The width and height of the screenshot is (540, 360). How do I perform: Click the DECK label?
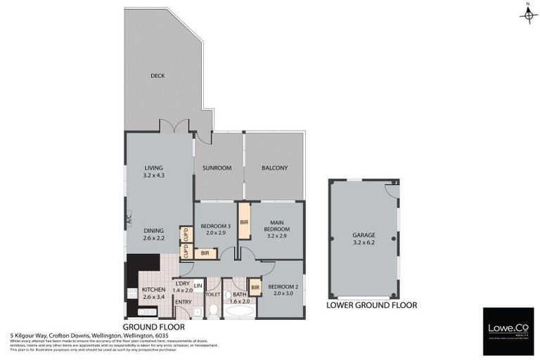click(x=157, y=76)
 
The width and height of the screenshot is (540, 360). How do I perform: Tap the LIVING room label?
click(x=153, y=171)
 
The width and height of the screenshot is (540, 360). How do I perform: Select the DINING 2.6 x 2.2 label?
click(x=153, y=234)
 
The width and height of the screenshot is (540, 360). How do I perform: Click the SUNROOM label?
click(x=218, y=168)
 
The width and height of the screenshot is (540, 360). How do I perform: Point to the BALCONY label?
click(x=274, y=168)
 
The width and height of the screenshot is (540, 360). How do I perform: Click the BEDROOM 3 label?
click(x=215, y=229)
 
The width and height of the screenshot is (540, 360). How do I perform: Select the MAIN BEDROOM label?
click(x=277, y=233)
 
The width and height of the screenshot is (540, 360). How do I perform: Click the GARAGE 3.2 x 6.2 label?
click(x=364, y=239)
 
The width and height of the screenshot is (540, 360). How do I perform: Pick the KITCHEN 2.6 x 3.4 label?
click(x=153, y=293)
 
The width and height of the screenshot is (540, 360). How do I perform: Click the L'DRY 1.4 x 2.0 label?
click(x=182, y=287)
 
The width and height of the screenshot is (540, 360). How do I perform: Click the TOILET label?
click(x=213, y=295)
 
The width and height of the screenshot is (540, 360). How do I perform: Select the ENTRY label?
click(x=183, y=302)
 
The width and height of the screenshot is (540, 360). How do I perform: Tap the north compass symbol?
click(x=527, y=14)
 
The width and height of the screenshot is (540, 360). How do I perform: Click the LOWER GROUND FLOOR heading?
click(x=371, y=306)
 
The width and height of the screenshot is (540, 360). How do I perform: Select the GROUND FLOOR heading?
click(x=153, y=327)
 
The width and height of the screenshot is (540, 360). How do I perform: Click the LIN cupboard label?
click(x=198, y=285)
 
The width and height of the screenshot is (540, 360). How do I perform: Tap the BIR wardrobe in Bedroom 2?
click(x=255, y=288)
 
